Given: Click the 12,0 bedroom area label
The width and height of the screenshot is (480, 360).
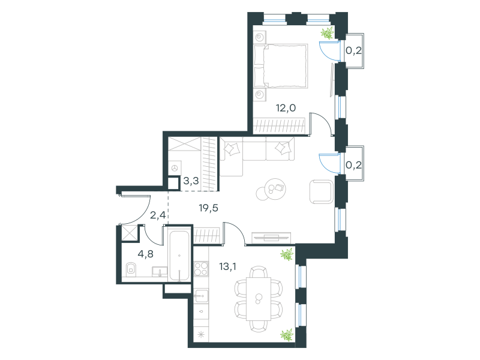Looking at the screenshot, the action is [x=286, y=108].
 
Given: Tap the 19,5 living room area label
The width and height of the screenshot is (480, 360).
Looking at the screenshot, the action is [x=208, y=208].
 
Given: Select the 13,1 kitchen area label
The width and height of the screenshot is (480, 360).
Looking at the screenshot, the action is [x=228, y=266].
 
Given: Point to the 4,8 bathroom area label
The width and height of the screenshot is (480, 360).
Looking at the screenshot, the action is [x=145, y=254].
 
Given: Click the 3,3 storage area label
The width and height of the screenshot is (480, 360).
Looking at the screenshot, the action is [x=191, y=181].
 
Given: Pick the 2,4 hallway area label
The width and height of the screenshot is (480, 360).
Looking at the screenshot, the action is [x=158, y=215].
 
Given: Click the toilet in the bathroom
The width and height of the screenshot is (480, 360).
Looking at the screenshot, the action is [x=131, y=269].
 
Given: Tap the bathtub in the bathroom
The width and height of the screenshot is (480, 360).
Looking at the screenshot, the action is [x=179, y=256].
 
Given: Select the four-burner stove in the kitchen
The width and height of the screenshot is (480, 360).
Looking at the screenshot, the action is [x=201, y=269].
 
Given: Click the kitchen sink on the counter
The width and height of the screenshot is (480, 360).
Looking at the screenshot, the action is [x=201, y=295].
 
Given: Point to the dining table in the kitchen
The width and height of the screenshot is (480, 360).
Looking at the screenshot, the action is [x=259, y=299].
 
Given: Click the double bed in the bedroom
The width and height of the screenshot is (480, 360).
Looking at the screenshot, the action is [x=281, y=66].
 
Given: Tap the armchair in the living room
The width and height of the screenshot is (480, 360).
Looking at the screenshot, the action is [x=322, y=191].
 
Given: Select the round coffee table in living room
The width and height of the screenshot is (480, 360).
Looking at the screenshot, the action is [x=271, y=190].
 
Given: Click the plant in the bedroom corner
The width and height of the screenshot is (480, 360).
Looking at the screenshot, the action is [x=327, y=33].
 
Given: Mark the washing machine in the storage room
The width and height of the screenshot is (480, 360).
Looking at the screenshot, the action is [x=175, y=168].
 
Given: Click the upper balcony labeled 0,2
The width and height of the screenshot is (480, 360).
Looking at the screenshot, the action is [x=355, y=51].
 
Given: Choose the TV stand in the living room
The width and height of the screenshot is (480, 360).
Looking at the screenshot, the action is [x=271, y=238].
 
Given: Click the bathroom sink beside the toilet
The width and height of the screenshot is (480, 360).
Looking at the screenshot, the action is [x=160, y=272].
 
